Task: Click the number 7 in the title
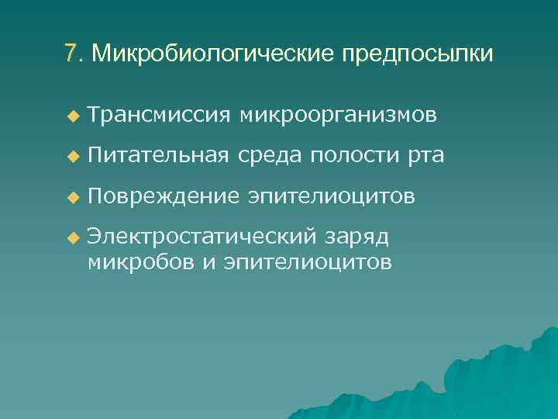point(71,54)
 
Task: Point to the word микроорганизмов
point(339,116)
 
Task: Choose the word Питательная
point(158,157)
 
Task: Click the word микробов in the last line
point(141,261)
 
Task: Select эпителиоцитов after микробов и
point(307,262)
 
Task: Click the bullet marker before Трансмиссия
point(73,116)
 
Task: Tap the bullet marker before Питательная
point(73,158)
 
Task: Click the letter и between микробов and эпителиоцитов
point(208,262)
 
